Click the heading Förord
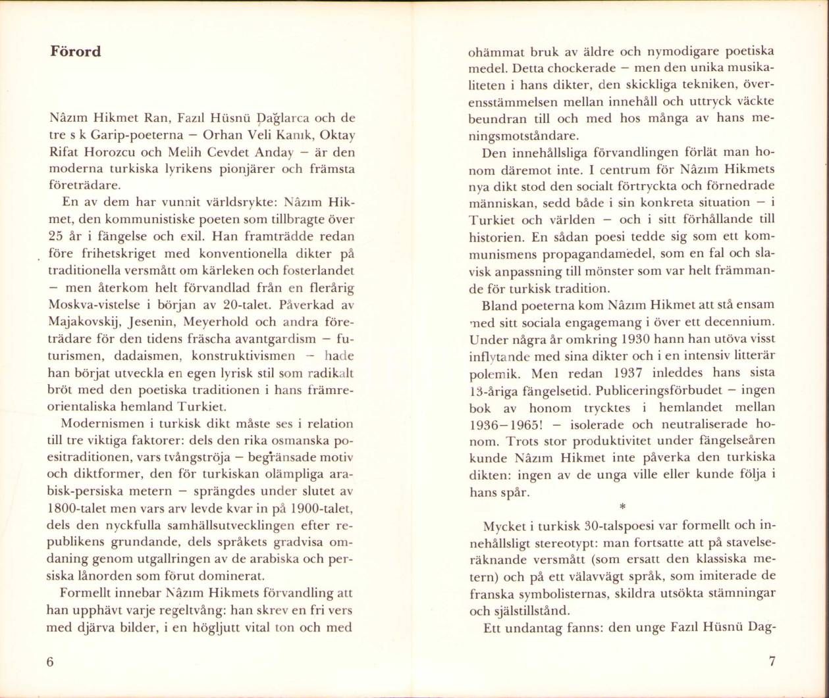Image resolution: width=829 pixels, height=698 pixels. coord(76,51)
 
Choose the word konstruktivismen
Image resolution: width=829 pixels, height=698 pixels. coord(243,357)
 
